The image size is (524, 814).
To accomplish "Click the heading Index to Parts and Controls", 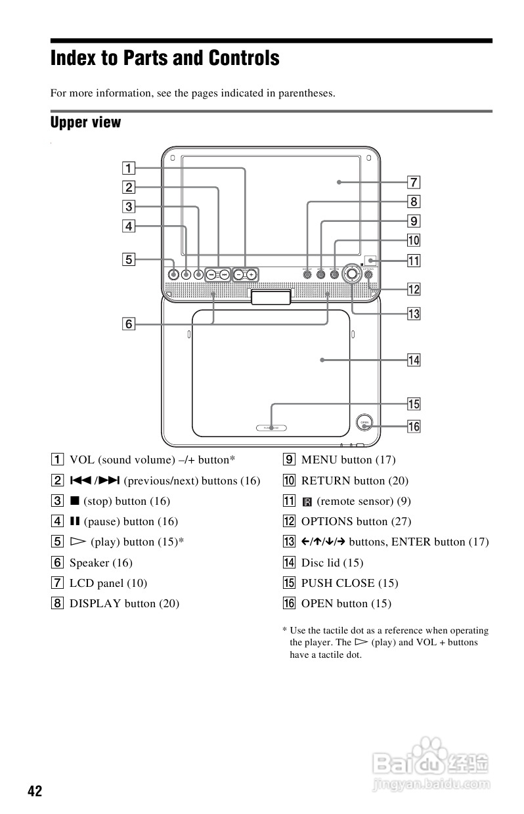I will click(165, 58).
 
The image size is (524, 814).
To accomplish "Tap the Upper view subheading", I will click(85, 122).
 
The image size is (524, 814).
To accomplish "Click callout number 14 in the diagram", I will click(414, 360).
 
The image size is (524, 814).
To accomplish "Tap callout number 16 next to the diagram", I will click(414, 427).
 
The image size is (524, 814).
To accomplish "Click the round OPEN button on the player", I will click(363, 423).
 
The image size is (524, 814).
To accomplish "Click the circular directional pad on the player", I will click(353, 274).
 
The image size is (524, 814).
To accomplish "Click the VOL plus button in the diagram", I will click(251, 274).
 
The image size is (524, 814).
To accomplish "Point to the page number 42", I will click(34, 791).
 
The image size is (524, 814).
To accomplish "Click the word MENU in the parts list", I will click(318, 460).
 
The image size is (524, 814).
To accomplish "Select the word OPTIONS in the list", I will click(327, 521).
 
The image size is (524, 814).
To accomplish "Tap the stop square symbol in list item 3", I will click(75, 501).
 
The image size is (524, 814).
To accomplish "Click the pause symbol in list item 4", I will click(75, 521).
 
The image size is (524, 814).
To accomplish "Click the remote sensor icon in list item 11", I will click(306, 502).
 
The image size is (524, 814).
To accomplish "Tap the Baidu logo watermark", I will click(430, 761).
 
